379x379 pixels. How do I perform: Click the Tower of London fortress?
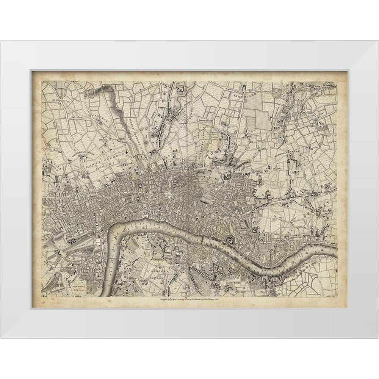click(x=230, y=239)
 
